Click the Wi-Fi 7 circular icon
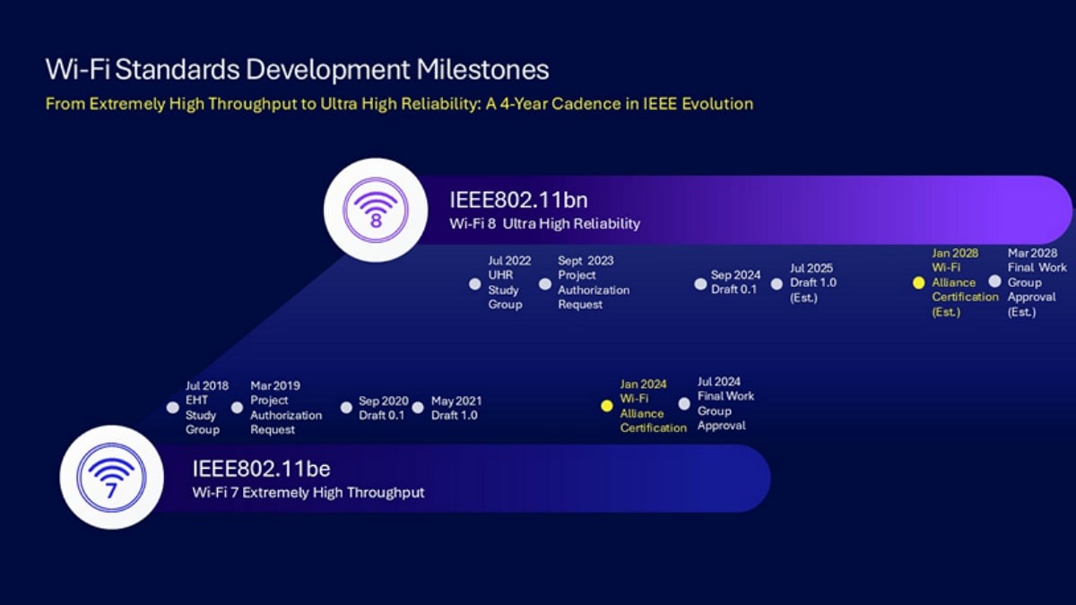tap(111, 477)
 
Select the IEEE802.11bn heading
tap(518, 200)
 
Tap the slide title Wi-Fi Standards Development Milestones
tap(297, 70)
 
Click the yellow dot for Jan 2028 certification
tap(918, 282)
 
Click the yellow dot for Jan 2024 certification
tap(606, 406)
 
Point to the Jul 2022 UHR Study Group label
tap(509, 282)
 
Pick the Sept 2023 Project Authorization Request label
tap(593, 282)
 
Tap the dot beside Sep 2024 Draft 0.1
tap(700, 284)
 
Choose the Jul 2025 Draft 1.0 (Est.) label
tap(811, 282)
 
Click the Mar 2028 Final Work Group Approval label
tap(1037, 282)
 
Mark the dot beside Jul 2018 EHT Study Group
tap(173, 407)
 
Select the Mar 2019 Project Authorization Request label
tap(285, 407)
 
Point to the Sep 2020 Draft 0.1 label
tap(383, 408)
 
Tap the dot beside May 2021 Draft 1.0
tap(418, 408)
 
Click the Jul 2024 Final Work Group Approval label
tap(725, 403)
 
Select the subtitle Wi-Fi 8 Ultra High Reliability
tap(544, 223)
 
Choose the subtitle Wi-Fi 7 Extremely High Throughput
tap(308, 492)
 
